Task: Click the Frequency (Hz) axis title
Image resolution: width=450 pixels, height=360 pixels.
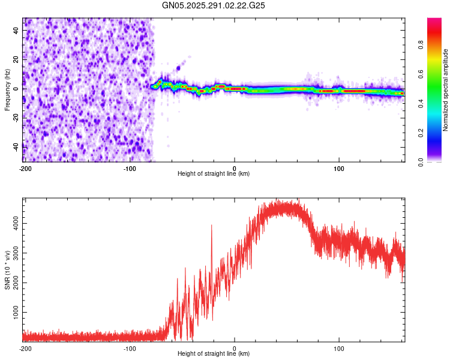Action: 7,90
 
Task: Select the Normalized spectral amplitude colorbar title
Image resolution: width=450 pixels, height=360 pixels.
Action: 446,90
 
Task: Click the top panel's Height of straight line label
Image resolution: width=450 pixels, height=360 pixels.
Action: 214,174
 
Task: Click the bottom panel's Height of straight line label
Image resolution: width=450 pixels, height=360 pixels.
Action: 214,354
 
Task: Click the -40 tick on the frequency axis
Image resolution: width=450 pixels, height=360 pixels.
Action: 16,146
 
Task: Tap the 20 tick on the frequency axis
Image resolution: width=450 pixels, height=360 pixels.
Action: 17,60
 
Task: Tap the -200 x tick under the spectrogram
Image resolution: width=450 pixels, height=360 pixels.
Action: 25,169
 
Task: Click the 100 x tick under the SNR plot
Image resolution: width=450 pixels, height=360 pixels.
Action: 339,348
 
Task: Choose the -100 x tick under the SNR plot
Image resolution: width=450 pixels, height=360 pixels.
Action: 130,348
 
